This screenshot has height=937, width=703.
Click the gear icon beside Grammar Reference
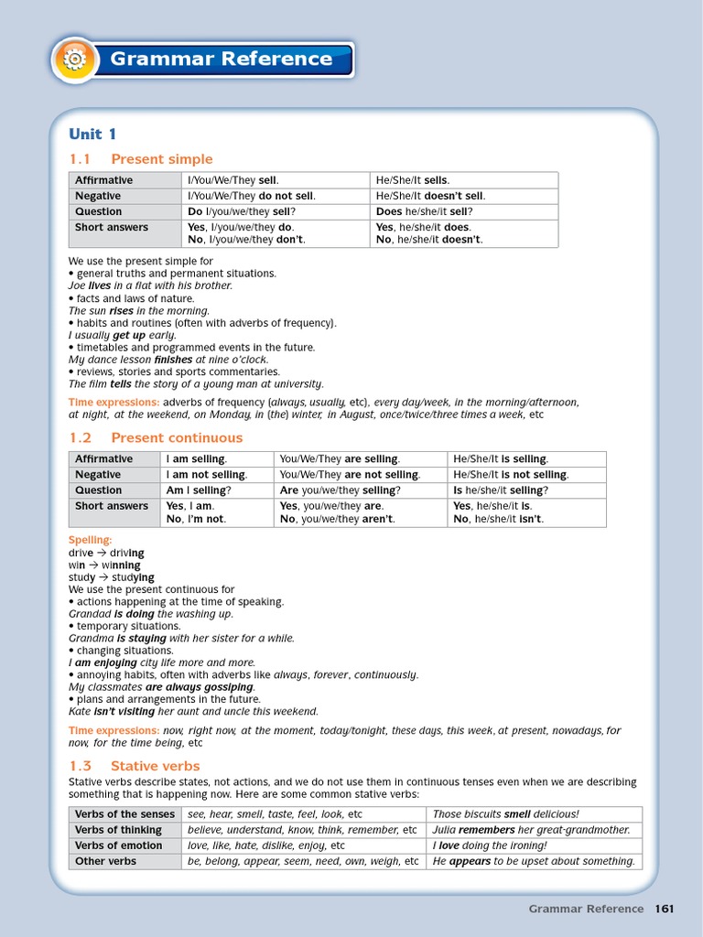[x=74, y=60]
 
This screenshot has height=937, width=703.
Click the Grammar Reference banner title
[x=221, y=59]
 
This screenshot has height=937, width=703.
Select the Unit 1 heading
[x=92, y=134]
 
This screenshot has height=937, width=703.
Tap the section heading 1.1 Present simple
[x=141, y=159]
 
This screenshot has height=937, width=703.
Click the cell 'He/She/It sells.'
[x=413, y=180]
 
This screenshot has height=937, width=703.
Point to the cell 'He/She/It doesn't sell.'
[x=430, y=196]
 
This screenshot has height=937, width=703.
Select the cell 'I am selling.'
[x=196, y=459]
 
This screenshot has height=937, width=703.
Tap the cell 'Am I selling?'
[x=198, y=490]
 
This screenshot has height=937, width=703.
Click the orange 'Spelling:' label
[x=90, y=541]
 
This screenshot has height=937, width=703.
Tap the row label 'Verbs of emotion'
[x=118, y=845]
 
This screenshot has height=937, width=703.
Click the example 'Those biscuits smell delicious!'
[x=505, y=814]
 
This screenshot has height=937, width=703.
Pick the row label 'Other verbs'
[x=105, y=861]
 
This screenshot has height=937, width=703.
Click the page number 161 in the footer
[x=664, y=909]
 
